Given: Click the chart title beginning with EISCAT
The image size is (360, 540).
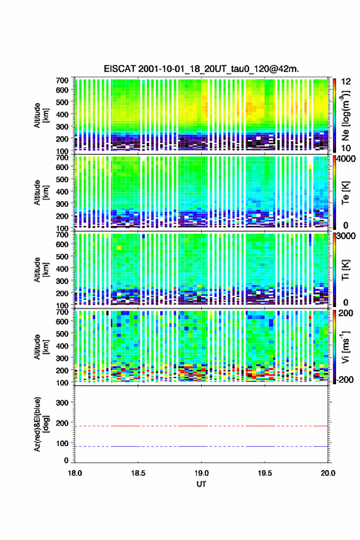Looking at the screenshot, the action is (x=201, y=69).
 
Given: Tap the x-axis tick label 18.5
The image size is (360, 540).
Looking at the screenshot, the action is (x=138, y=473).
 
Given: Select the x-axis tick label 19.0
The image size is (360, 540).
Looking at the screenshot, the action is (x=201, y=473).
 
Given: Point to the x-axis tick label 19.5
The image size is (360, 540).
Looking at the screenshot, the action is (x=265, y=473).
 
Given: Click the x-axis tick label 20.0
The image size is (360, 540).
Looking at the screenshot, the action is (x=328, y=473).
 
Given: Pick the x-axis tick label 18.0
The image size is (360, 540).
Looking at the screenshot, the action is (x=75, y=473).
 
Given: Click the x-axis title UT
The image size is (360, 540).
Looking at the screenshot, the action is (x=201, y=484).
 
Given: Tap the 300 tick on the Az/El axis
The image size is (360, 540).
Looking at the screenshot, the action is (x=62, y=403).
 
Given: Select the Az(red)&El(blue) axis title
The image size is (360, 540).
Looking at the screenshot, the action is (x=41, y=424).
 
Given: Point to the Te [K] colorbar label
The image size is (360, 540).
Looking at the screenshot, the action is (x=345, y=193).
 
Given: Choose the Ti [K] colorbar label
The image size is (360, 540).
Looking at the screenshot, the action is (x=345, y=269).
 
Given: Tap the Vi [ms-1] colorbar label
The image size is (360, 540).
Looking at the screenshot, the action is (x=345, y=347).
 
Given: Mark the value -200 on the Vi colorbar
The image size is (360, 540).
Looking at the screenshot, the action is (x=345, y=380).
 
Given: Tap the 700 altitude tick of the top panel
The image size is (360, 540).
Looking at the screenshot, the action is (x=62, y=80).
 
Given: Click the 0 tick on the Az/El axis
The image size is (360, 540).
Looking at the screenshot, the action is (x=66, y=460).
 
